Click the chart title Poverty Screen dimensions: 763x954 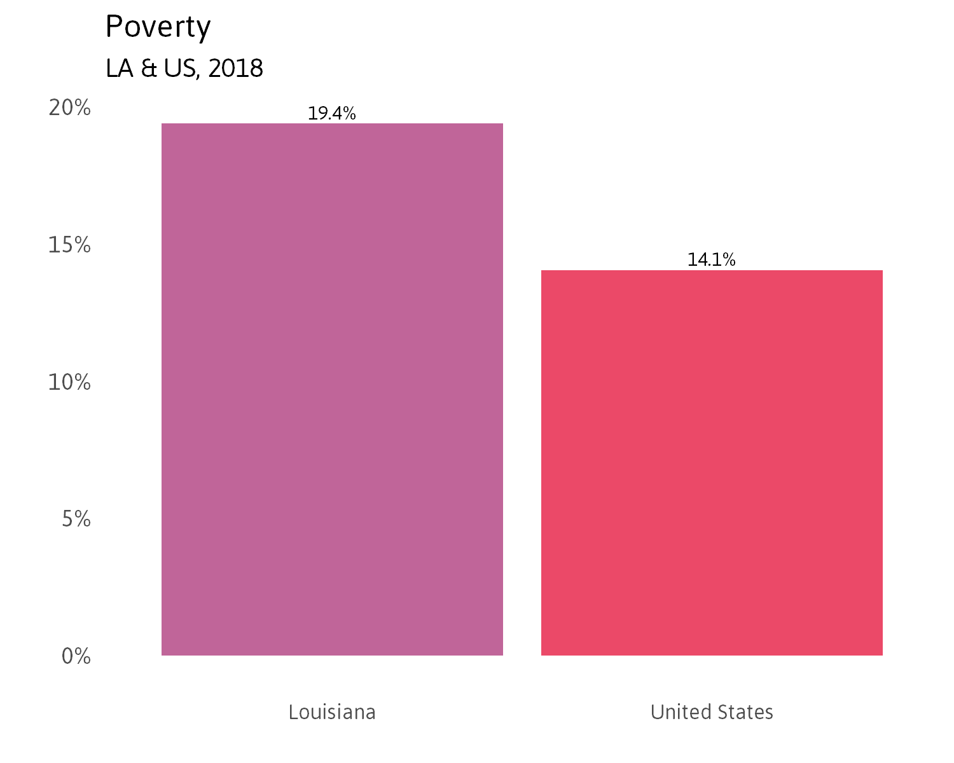(x=158, y=27)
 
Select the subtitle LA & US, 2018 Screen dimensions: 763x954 (x=184, y=69)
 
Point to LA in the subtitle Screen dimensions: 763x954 (x=119, y=69)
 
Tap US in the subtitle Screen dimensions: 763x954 (x=180, y=69)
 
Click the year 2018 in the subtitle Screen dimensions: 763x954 (x=235, y=69)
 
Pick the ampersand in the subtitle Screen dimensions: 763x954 (x=149, y=69)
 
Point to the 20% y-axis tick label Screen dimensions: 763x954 (x=70, y=108)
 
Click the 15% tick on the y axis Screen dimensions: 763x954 (x=70, y=245)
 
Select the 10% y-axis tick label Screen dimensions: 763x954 (x=70, y=382)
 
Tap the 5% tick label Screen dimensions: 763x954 (x=76, y=519)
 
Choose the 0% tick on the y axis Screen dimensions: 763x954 (x=76, y=656)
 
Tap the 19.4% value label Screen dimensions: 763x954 (x=332, y=114)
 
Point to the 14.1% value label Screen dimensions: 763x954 (x=712, y=260)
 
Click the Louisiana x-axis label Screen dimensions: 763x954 (x=332, y=712)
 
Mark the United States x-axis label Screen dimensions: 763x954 (x=712, y=712)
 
